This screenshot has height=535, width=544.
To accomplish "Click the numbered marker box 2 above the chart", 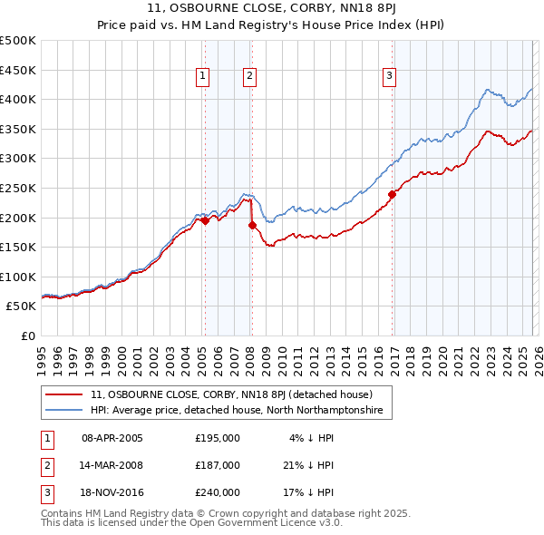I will pyautogui.click(x=248, y=77).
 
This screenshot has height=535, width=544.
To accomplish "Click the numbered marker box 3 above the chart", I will pyautogui.click(x=389, y=77).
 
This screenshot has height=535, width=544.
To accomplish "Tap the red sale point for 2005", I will pyautogui.click(x=205, y=220).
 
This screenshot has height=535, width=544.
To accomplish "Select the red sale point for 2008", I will pyautogui.click(x=252, y=225).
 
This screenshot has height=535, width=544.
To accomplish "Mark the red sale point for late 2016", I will pyautogui.click(x=393, y=194).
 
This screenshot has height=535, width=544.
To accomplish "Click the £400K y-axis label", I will pyautogui.click(x=18, y=100).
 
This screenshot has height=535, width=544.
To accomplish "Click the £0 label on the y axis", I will pyautogui.click(x=27, y=336).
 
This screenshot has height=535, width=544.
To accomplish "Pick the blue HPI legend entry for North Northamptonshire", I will pyautogui.click(x=237, y=411).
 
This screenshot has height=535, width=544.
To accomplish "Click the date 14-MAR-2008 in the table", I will pyautogui.click(x=112, y=465).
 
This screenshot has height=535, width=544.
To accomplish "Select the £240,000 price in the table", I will pyautogui.click(x=218, y=493).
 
